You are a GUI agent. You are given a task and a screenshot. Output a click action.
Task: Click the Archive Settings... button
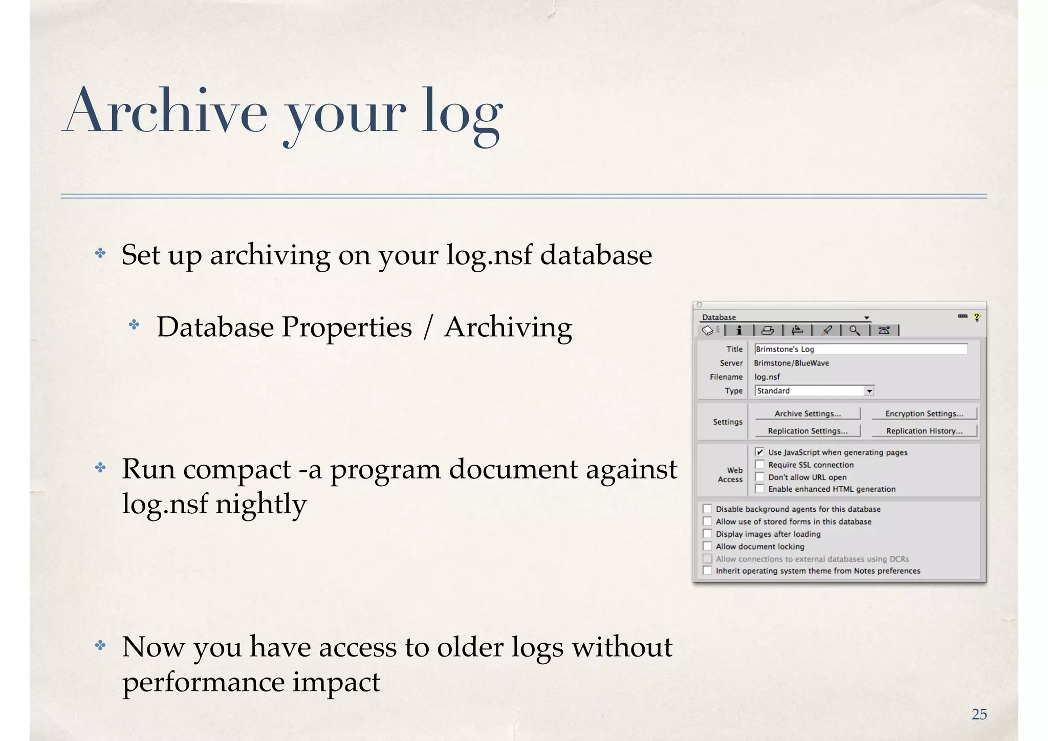807,413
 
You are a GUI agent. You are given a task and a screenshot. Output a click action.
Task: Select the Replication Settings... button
807,431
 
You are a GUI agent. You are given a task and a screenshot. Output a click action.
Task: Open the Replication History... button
924,431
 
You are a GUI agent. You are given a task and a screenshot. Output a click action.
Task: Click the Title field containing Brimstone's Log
861,349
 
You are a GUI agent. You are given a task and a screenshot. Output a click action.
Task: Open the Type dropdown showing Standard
869,391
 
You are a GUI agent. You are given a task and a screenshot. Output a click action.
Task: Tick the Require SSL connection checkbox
760,465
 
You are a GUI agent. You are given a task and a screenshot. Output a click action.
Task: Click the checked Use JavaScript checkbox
760,452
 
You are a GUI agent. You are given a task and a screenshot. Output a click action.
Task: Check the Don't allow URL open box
760,477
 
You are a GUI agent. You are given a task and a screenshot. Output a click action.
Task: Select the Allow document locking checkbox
707,547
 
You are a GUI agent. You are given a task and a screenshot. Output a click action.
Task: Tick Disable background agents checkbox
707,509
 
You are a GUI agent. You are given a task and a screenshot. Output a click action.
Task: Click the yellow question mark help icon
977,317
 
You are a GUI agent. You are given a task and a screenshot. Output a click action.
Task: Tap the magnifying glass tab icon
855,331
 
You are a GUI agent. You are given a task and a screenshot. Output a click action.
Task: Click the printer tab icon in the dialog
768,331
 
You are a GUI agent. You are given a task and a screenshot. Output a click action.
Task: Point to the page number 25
979,714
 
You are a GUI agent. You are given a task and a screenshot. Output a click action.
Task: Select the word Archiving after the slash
508,327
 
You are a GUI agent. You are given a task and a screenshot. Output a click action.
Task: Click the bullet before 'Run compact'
100,468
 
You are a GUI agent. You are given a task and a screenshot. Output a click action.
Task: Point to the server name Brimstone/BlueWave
791,363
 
